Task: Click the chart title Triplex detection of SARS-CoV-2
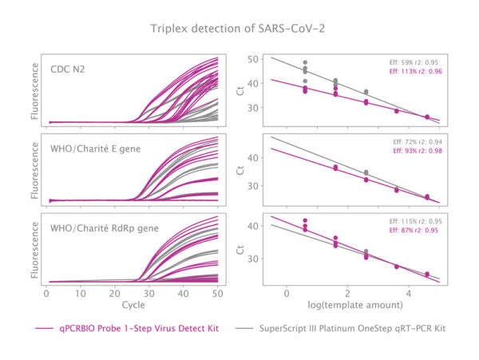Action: click(x=238, y=29)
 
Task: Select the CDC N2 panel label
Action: click(x=68, y=69)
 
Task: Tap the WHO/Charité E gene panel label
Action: click(x=95, y=149)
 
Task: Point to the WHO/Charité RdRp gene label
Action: click(x=105, y=228)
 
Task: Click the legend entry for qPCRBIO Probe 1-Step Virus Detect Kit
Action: click(x=127, y=329)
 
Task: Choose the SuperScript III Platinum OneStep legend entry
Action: click(x=340, y=329)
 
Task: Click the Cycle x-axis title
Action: click(x=133, y=305)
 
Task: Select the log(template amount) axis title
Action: click(x=355, y=305)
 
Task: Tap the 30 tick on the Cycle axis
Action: click(x=149, y=294)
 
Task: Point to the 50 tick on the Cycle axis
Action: click(x=217, y=294)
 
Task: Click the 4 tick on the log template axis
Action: click(x=409, y=294)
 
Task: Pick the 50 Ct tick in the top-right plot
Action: click(x=253, y=59)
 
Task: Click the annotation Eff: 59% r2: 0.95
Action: click(x=414, y=62)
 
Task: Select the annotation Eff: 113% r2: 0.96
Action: click(x=415, y=72)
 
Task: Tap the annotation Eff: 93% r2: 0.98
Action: click(x=418, y=151)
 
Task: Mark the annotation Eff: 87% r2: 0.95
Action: click(x=414, y=230)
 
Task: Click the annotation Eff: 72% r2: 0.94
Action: click(x=418, y=142)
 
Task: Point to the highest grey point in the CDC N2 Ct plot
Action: click(x=305, y=62)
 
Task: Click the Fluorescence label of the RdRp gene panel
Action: click(x=35, y=250)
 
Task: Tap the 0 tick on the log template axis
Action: click(x=287, y=294)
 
